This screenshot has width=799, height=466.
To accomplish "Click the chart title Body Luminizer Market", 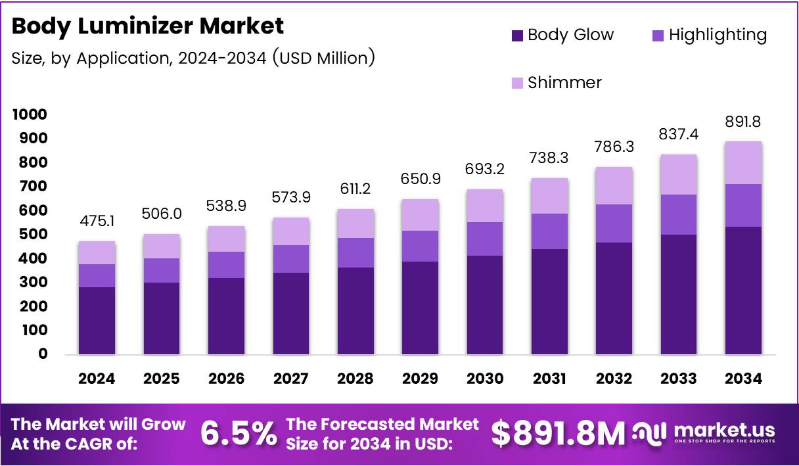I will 148,26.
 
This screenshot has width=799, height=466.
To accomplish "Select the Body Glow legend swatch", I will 518,35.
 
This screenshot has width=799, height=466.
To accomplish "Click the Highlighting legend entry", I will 708,35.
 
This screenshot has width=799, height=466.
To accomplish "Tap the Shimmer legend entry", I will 556,83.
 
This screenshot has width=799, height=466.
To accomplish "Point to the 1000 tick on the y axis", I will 30,114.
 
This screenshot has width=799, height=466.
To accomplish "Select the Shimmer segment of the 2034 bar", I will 743,162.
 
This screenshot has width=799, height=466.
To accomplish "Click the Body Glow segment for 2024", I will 97,321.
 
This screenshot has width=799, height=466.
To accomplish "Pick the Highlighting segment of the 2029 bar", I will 419,246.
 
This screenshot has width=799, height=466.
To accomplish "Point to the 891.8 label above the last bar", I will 743,122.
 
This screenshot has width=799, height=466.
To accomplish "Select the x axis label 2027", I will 290,379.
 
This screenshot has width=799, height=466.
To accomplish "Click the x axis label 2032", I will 614,379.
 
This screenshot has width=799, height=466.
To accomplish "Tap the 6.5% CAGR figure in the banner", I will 238,434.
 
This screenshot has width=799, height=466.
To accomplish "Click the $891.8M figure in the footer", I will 559,434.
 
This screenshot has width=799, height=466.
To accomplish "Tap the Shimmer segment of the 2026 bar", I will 225,239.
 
